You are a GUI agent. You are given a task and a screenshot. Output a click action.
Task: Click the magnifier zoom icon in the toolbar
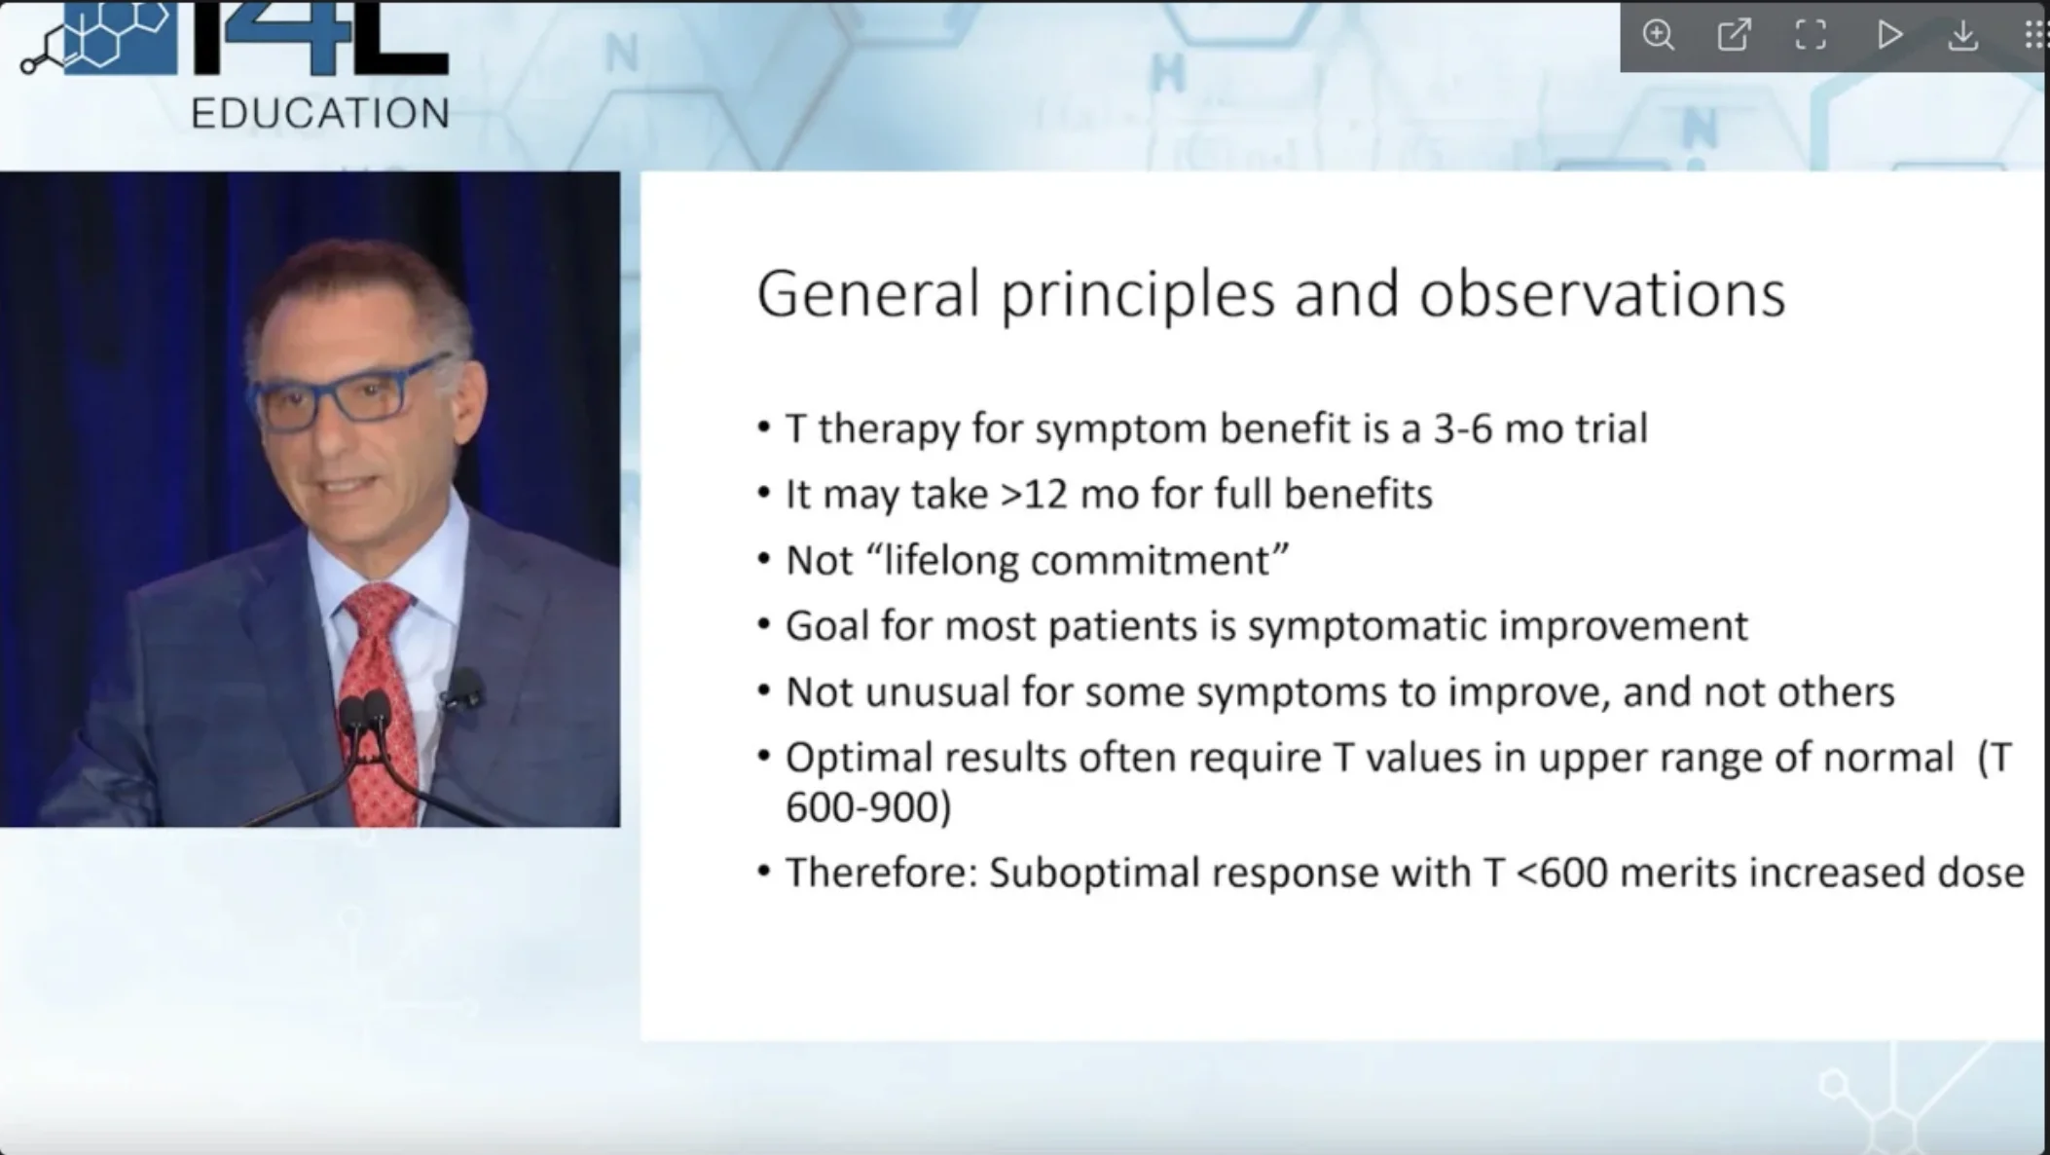click(1658, 35)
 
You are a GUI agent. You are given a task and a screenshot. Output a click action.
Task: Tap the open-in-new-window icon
click(1734, 35)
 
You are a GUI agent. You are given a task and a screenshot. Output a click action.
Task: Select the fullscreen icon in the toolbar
click(1811, 35)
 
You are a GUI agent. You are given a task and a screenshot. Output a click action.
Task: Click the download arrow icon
click(1963, 35)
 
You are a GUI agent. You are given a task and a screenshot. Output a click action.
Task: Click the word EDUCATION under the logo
click(320, 114)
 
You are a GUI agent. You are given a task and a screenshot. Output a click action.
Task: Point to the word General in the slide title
click(868, 293)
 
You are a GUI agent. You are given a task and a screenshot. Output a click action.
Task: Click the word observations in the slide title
click(1602, 293)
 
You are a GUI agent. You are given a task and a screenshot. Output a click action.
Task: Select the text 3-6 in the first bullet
click(1463, 428)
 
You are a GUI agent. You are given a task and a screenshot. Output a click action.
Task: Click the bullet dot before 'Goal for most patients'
click(764, 625)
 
